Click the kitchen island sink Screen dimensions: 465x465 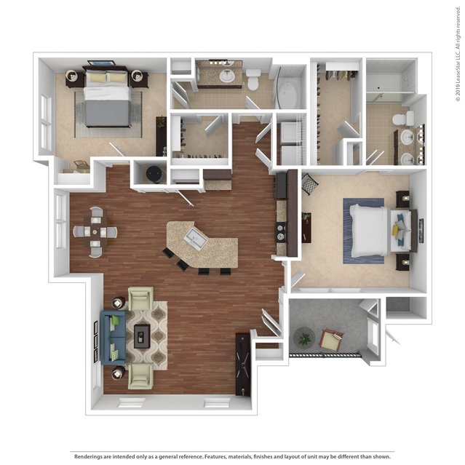(x=196, y=237)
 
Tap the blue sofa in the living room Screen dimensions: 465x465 (x=113, y=337)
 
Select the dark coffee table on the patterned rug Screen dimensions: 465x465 (x=142, y=336)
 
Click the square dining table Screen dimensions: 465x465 (x=95, y=231)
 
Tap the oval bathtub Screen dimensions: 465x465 (x=286, y=95)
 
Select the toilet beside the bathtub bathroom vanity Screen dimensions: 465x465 (x=253, y=79)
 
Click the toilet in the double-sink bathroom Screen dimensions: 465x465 (x=403, y=119)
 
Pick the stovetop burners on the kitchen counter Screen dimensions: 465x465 (x=281, y=232)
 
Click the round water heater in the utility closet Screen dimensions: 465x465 (x=154, y=173)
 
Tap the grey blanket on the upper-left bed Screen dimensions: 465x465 (x=108, y=112)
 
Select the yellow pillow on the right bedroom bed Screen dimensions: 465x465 (x=396, y=229)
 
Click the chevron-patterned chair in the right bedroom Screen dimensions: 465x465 (x=309, y=184)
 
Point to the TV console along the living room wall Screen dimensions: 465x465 (x=243, y=365)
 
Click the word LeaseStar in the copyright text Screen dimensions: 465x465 (x=458, y=64)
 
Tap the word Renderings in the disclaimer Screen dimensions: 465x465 (x=87, y=457)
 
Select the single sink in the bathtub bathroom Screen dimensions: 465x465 (x=228, y=76)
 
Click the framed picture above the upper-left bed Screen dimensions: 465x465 (x=101, y=63)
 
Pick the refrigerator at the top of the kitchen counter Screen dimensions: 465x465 (x=282, y=186)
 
